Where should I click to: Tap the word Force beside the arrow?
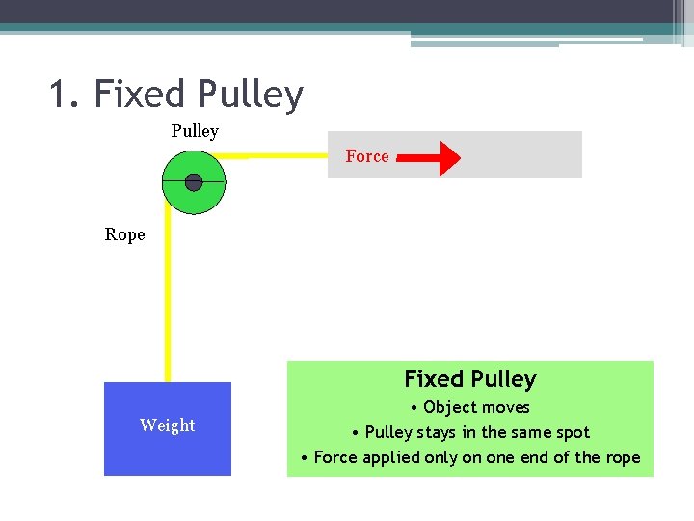(x=367, y=156)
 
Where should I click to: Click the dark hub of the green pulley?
(x=194, y=182)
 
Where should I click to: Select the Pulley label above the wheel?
(x=195, y=131)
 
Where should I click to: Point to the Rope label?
(x=125, y=234)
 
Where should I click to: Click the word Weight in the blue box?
(x=167, y=425)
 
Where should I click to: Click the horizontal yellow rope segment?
(x=280, y=153)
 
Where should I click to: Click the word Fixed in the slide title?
(x=140, y=95)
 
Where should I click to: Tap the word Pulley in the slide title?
(x=250, y=95)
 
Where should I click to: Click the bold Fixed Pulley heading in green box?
(x=470, y=379)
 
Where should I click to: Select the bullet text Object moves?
(x=476, y=407)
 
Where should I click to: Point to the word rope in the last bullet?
(x=622, y=457)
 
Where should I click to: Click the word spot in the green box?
(x=569, y=432)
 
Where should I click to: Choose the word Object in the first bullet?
(x=449, y=407)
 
